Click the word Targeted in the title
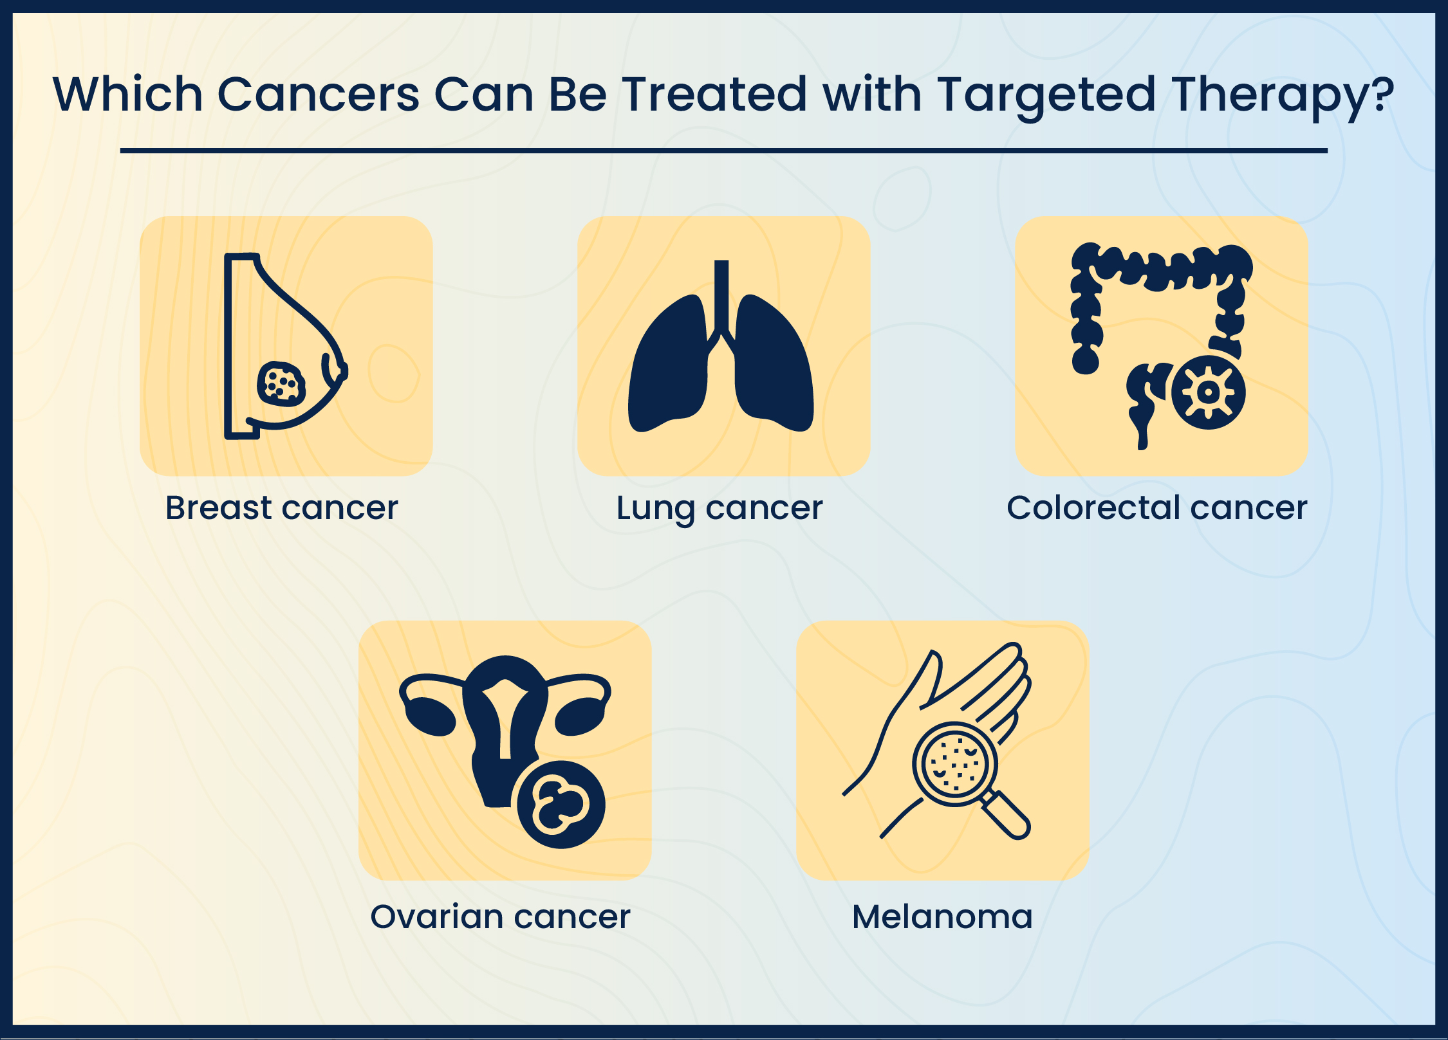point(1046,95)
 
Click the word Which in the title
point(127,95)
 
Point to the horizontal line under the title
point(723,151)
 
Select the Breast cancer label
point(282,508)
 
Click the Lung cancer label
point(719,508)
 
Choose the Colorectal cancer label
point(1157,508)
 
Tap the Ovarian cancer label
point(500,917)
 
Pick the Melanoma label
point(942,917)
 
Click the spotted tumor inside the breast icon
point(281,384)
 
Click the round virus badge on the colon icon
point(1208,392)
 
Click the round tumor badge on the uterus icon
point(561,805)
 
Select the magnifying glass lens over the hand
point(954,764)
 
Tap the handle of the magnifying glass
point(1007,817)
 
